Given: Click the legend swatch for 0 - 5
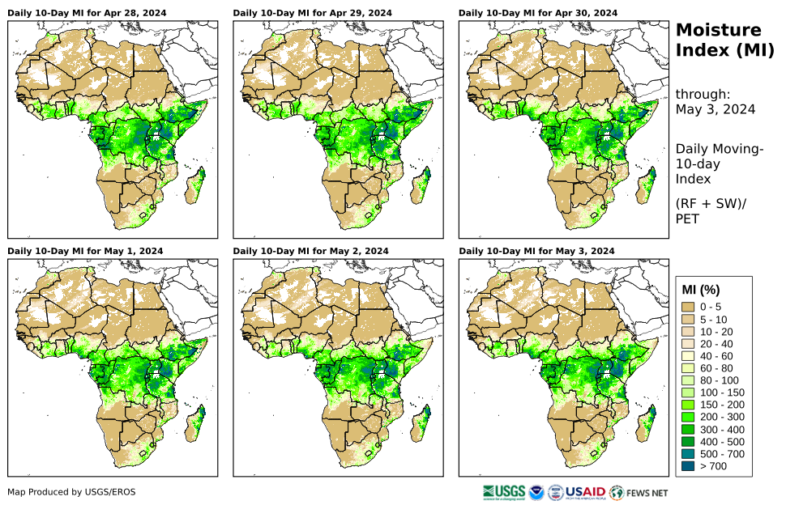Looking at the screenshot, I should coord(690,307).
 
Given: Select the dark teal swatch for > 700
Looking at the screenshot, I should coord(690,465).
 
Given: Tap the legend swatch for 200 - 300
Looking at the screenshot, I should coord(690,417).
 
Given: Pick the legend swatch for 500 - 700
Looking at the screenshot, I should coord(690,453).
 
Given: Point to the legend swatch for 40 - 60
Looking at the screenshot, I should coord(690,355).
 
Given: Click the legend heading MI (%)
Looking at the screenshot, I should coord(701,290).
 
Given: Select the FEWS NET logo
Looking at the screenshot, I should coord(639,492).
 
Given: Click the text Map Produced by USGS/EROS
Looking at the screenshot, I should coord(71,492).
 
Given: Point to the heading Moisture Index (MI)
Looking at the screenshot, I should coord(719,40).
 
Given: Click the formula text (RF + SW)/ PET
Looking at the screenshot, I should coord(710,210).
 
